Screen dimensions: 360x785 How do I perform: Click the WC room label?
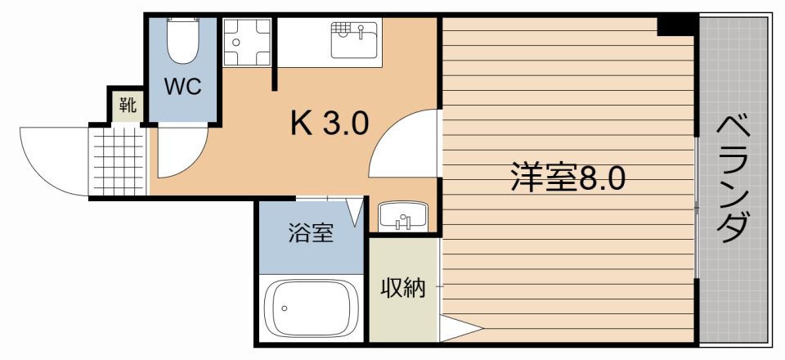182,88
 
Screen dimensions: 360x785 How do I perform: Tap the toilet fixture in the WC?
182,41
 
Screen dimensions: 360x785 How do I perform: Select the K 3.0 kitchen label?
330,124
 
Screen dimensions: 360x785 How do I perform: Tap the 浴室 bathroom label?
310,234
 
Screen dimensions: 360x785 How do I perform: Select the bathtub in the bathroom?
311,308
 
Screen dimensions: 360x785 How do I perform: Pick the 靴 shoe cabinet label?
128,105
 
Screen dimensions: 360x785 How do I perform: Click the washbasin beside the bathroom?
401,216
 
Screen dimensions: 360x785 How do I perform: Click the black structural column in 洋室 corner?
678,25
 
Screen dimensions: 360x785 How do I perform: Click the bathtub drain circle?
285,308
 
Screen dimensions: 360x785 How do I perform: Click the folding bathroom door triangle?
355,211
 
